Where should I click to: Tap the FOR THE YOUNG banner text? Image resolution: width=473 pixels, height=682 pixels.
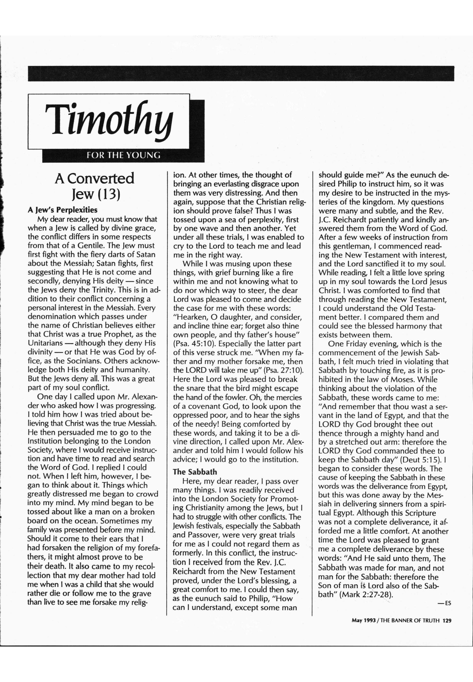click(123, 155)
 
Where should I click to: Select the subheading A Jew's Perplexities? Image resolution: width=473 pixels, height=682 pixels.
click(63, 210)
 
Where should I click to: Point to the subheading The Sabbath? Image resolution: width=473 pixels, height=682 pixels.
click(195, 472)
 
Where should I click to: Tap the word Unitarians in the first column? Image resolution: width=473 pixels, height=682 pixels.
click(45, 343)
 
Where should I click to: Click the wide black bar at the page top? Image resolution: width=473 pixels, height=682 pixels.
click(241, 73)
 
